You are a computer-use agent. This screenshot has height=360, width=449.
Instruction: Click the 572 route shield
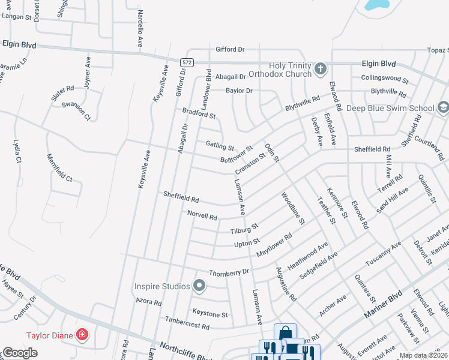tap(187, 62)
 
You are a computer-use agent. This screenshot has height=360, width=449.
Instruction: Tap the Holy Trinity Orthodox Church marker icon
tap(321, 69)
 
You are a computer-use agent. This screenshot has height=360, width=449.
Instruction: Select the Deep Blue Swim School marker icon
tap(442, 108)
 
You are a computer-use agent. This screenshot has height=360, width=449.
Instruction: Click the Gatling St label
tap(220, 145)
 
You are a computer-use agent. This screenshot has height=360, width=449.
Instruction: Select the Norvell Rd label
tap(202, 214)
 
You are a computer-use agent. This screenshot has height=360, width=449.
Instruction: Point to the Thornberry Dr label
tap(229, 272)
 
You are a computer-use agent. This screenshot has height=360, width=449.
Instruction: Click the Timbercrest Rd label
tap(187, 324)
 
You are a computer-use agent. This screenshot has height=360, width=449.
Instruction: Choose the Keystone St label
tap(209, 313)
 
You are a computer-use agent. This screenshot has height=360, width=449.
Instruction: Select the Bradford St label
tap(199, 112)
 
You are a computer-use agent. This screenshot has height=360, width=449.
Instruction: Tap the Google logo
tap(20, 353)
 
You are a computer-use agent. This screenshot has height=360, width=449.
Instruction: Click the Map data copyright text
tap(424, 355)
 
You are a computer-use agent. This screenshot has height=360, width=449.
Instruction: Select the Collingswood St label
tap(384, 79)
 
